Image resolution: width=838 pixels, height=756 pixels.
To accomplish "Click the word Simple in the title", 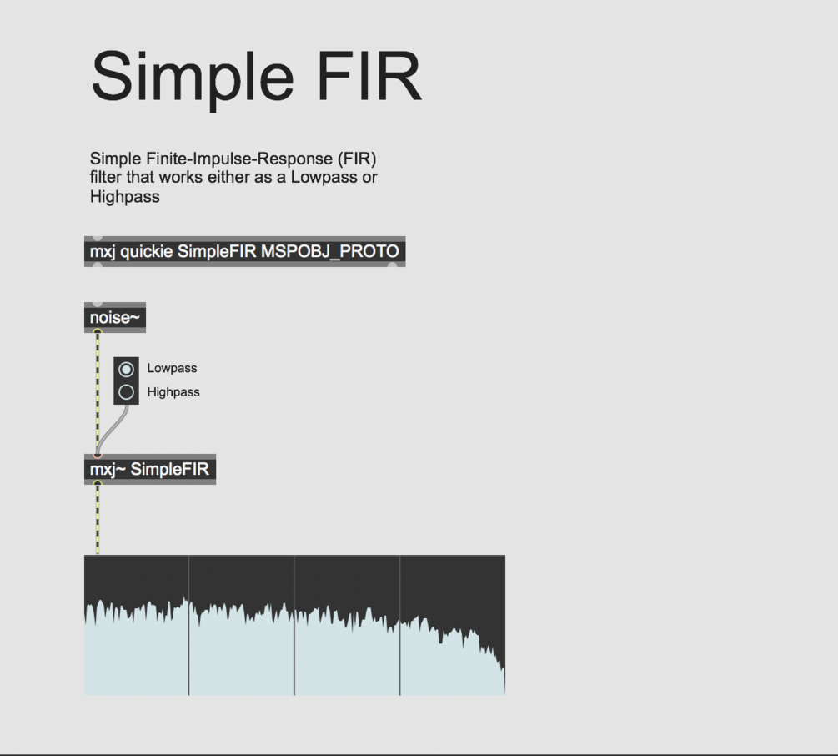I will (x=192, y=77).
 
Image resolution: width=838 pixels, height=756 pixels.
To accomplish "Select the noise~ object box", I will (x=115, y=318).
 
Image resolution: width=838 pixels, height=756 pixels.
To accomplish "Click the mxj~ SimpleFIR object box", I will (x=150, y=469).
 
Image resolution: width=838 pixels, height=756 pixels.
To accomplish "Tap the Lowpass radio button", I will (x=127, y=369).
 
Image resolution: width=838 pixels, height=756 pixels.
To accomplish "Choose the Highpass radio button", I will (x=127, y=392).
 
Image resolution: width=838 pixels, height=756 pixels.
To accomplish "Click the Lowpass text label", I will (x=172, y=368).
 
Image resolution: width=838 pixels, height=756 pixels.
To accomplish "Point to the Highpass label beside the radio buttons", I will (x=173, y=392).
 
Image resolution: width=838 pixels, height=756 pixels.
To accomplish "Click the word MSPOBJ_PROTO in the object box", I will (x=330, y=251).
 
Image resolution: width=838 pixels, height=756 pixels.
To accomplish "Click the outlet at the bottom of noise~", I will (x=98, y=331).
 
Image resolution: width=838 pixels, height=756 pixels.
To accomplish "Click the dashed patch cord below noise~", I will (x=98, y=392).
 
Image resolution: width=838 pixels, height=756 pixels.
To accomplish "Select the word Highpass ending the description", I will (x=124, y=198).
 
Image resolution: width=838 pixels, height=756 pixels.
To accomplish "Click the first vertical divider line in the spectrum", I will (x=188, y=626).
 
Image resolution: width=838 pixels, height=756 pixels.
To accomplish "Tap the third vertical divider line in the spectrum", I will (x=399, y=626).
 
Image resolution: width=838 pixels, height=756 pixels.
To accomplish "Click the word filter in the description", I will (x=106, y=178).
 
